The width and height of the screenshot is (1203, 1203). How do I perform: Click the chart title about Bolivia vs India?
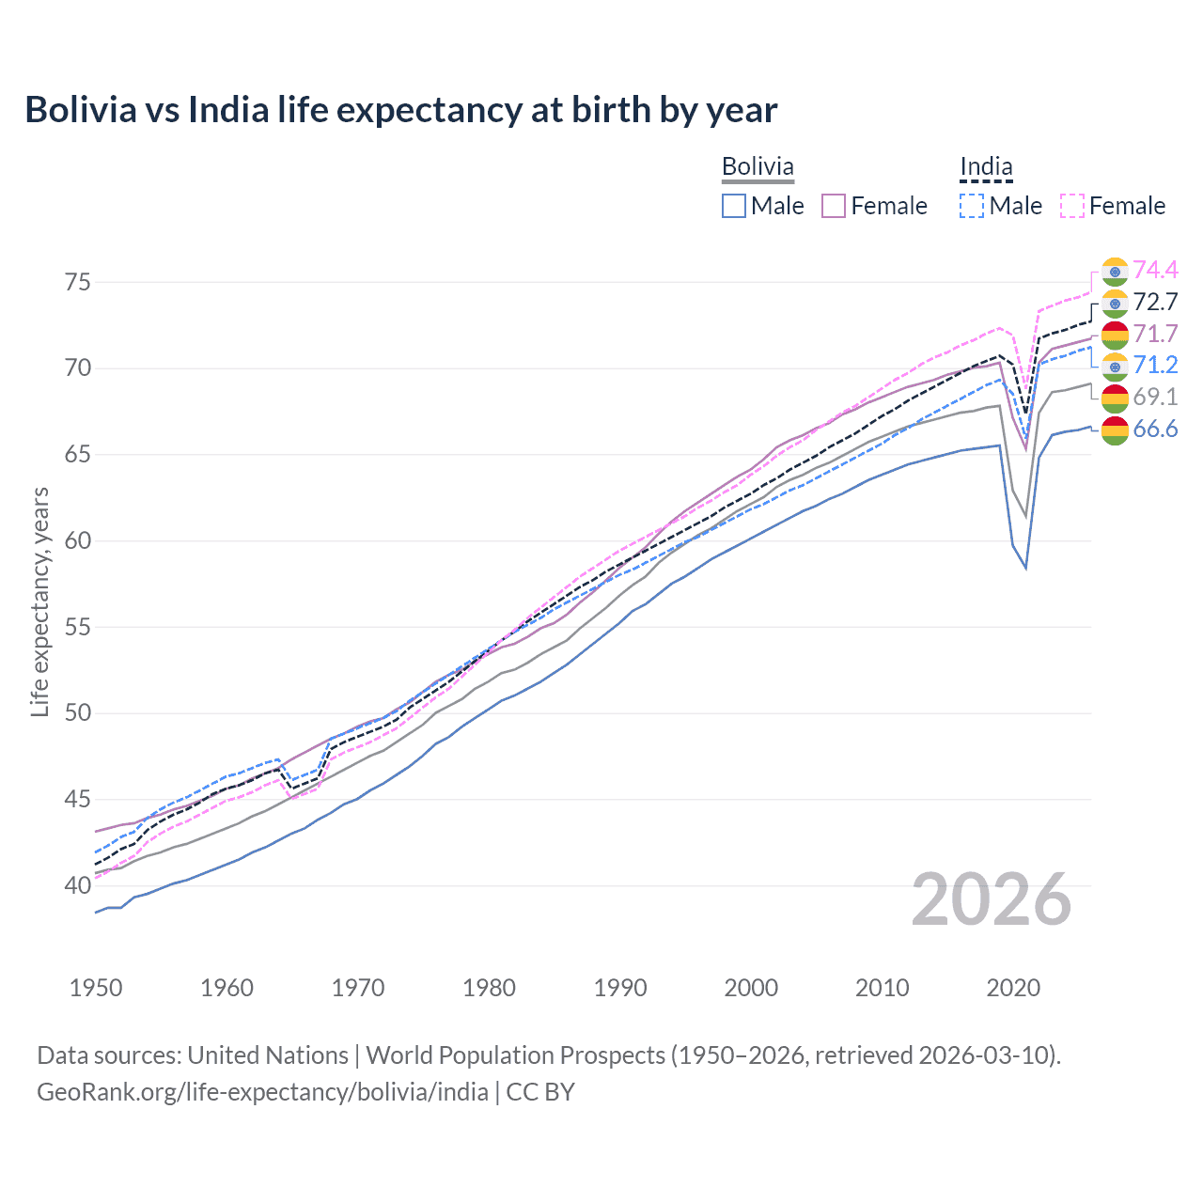[400, 110]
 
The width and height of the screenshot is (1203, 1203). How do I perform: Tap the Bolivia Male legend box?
[734, 206]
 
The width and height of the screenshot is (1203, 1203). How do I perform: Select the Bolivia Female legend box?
[835, 206]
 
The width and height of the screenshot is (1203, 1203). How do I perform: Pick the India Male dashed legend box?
[972, 206]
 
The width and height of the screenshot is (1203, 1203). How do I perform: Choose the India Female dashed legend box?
[1072, 206]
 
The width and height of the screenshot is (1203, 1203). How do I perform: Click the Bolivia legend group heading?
[758, 167]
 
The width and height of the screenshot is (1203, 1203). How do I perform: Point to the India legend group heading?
[986, 167]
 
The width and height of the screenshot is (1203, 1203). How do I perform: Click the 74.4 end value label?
[1155, 270]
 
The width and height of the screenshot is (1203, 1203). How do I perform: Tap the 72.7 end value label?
[1155, 302]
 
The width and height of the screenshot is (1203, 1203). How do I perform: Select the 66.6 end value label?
[1155, 430]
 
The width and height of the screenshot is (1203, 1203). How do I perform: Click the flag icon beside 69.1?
[1115, 398]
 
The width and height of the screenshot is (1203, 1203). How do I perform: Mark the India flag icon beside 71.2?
[1115, 366]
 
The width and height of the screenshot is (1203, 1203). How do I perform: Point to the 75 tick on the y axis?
[78, 282]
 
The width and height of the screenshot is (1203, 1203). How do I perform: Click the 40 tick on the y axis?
[78, 885]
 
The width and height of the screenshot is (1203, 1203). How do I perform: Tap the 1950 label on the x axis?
[96, 988]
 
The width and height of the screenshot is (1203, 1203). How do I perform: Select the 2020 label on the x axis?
[1013, 988]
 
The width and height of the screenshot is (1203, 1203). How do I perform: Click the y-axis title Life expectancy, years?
[39, 601]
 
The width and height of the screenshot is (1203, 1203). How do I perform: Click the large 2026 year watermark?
[992, 900]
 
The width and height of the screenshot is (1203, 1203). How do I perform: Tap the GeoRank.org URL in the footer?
[262, 1092]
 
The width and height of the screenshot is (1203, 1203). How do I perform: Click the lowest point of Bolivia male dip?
[1025, 568]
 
